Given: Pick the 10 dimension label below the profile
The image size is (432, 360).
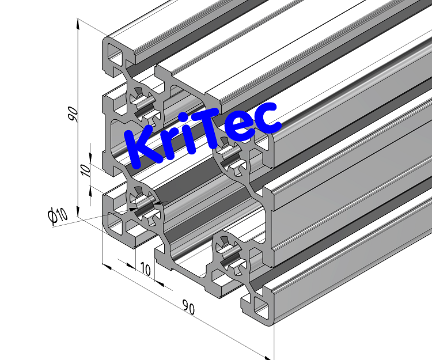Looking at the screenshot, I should point(145,269).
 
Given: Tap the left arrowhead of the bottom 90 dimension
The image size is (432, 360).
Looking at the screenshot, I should point(105,266).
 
